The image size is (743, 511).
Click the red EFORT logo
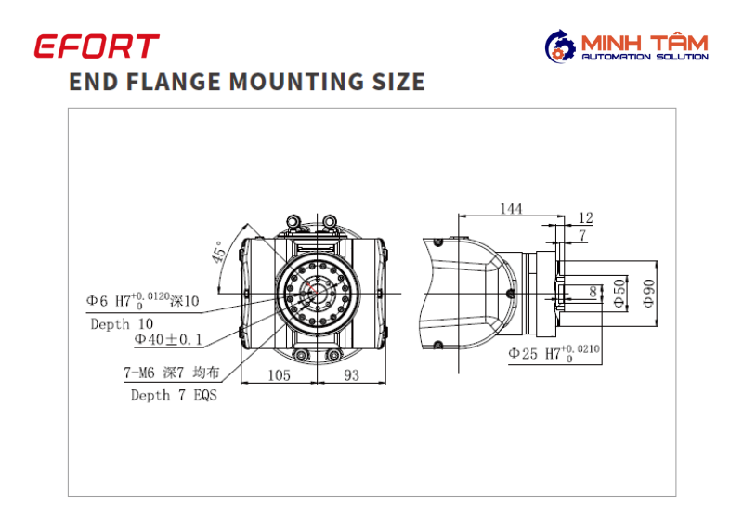click(97, 46)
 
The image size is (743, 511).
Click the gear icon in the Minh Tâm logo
click(560, 51)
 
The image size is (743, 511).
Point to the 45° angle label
click(218, 252)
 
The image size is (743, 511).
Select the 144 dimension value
click(512, 208)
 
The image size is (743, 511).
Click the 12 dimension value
click(586, 217)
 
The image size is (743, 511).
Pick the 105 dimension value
click(279, 375)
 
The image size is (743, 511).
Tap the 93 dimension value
click(352, 375)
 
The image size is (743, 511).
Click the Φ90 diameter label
click(649, 294)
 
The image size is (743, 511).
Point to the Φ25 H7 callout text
click(554, 353)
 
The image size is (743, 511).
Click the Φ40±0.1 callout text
click(168, 339)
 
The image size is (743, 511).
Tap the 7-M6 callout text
click(172, 373)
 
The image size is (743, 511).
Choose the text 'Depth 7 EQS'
click(174, 395)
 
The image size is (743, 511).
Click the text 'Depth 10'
click(122, 323)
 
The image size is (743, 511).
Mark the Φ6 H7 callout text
click(143, 300)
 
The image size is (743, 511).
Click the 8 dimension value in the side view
click(593, 292)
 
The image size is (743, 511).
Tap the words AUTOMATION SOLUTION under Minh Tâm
click(645, 57)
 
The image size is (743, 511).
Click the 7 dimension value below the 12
click(582, 235)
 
